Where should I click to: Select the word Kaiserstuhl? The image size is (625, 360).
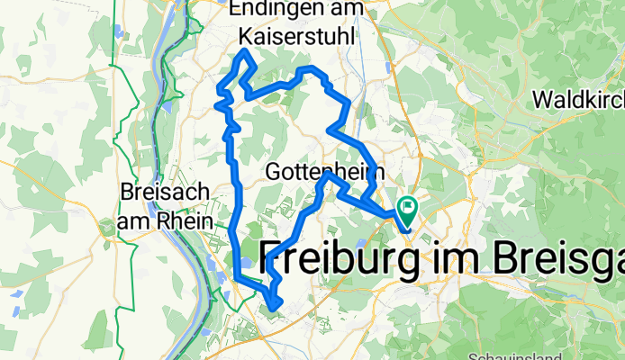coord(296,36)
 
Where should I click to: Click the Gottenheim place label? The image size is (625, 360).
coord(325,170)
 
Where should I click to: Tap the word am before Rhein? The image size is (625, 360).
coord(133,219)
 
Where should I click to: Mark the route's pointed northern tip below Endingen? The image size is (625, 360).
coord(244,54)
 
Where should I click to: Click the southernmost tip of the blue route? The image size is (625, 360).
coord(272,310)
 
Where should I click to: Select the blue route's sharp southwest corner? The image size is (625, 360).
coord(236,276)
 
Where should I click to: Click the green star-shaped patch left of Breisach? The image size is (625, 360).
coord(109,224)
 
